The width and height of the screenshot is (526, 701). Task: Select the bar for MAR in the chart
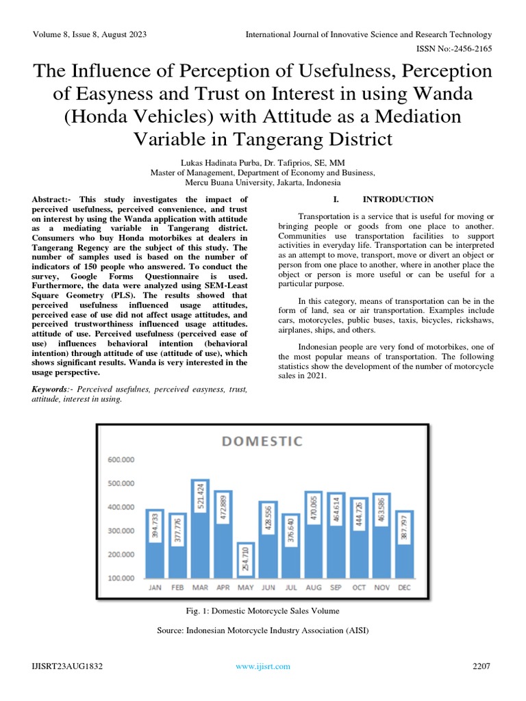pos(200,531)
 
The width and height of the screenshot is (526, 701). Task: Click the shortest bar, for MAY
pos(246,561)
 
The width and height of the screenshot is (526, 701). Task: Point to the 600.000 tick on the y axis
pos(121,459)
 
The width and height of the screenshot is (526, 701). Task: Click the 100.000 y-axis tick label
pos(121,578)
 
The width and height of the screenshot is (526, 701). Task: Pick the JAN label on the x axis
pos(155,587)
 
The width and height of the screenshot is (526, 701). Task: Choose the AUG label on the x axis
pos(314,587)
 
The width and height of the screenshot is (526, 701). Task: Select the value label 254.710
pos(246,560)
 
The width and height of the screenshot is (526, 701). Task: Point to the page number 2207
pos(481,666)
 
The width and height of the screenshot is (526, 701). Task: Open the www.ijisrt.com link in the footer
pos(263,666)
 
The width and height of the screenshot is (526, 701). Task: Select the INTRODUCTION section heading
pos(397,199)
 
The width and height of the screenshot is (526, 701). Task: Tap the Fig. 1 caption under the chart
pos(262,610)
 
